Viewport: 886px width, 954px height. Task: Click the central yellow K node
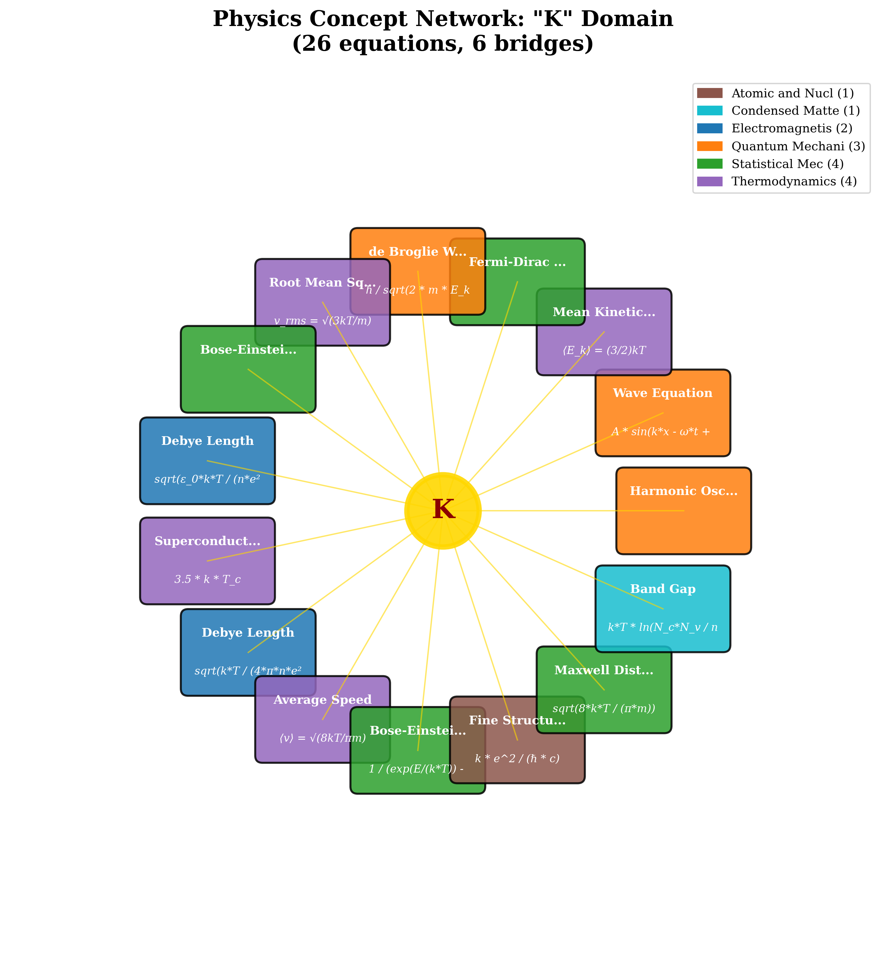pos(443,510)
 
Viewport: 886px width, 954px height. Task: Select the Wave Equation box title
pos(662,393)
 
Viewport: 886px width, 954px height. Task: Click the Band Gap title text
pos(662,589)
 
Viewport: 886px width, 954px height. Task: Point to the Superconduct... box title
pos(207,542)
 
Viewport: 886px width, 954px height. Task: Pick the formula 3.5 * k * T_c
pos(207,579)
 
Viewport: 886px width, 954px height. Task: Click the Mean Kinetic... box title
pos(604,312)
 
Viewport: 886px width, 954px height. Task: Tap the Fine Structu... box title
pos(517,720)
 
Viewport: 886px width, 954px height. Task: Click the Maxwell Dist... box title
pos(604,671)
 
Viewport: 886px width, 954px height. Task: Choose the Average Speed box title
pos(322,700)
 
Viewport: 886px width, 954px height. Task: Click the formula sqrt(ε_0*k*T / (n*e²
pos(207,479)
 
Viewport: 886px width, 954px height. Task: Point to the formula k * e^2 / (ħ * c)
pos(517,759)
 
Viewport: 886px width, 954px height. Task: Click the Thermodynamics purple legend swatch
pos(710,181)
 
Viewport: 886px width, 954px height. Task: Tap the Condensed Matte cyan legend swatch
pos(710,111)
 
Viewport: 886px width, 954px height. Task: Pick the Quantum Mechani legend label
pos(798,146)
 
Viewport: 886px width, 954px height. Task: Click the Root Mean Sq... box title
pos(322,283)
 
